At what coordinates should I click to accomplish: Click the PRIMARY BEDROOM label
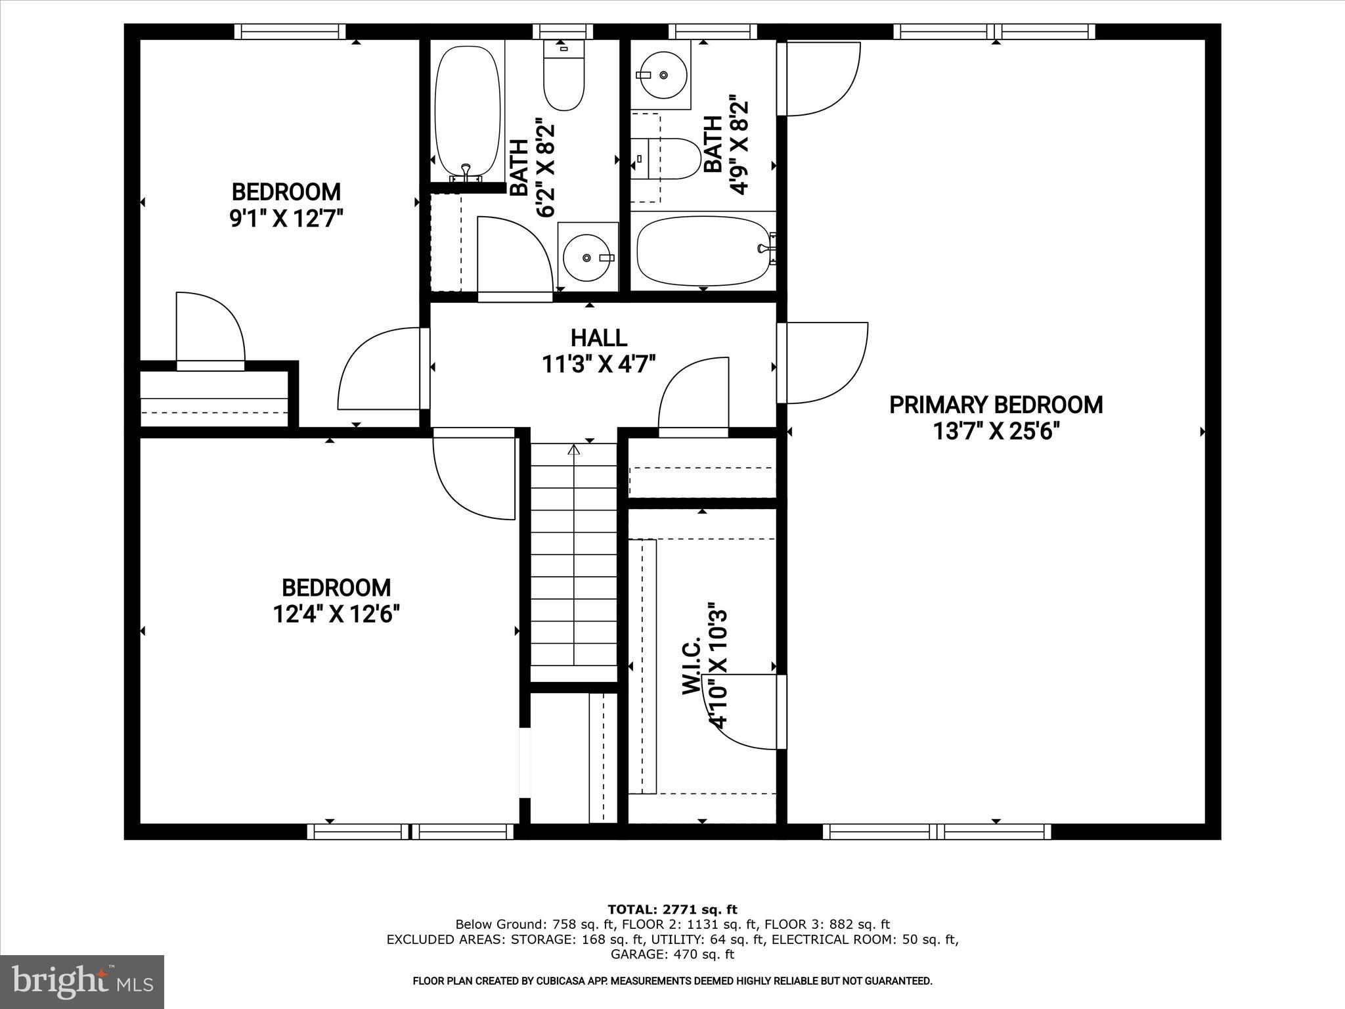point(996,405)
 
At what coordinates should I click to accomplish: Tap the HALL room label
point(598,338)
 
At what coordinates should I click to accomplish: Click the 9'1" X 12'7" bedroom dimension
point(286,218)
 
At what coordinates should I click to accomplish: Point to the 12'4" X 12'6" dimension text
point(336,614)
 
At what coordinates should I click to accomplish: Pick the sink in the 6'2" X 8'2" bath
point(587,258)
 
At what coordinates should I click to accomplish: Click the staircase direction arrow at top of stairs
point(574,451)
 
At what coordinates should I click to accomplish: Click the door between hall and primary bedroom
point(824,363)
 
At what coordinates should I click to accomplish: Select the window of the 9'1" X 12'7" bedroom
point(290,32)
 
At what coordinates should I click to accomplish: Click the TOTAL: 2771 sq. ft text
point(672,910)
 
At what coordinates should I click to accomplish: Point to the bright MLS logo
point(82,981)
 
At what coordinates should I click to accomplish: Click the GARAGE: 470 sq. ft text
point(672,954)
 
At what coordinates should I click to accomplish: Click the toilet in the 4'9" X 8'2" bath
point(670,158)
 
